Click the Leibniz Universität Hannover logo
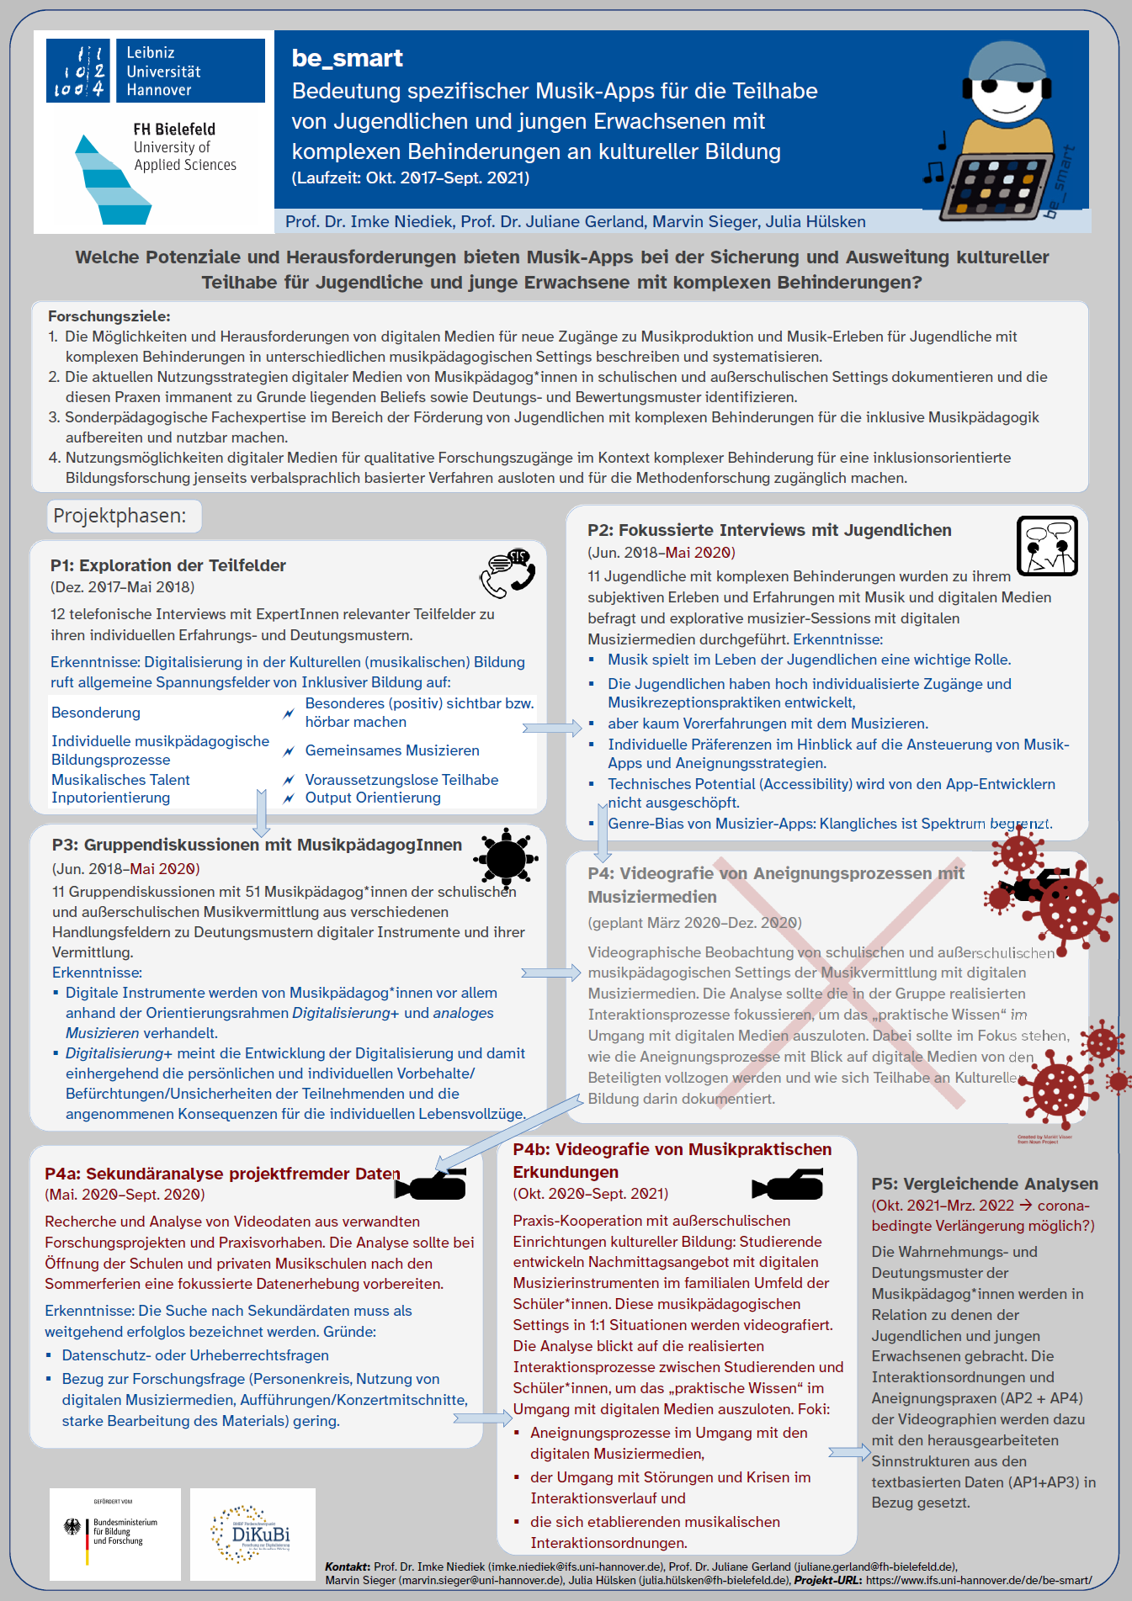(156, 71)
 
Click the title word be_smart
(347, 58)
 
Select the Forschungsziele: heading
(109, 316)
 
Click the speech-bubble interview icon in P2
(1047, 546)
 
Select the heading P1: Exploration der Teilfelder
(168, 565)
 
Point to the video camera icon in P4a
(431, 1185)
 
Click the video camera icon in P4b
(789, 1185)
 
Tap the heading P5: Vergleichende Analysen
(985, 1184)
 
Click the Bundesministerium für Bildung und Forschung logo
(115, 1533)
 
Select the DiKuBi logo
(252, 1534)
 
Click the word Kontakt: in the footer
(348, 1567)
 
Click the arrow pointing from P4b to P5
(849, 1452)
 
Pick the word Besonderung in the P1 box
(96, 713)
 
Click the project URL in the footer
(978, 1580)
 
